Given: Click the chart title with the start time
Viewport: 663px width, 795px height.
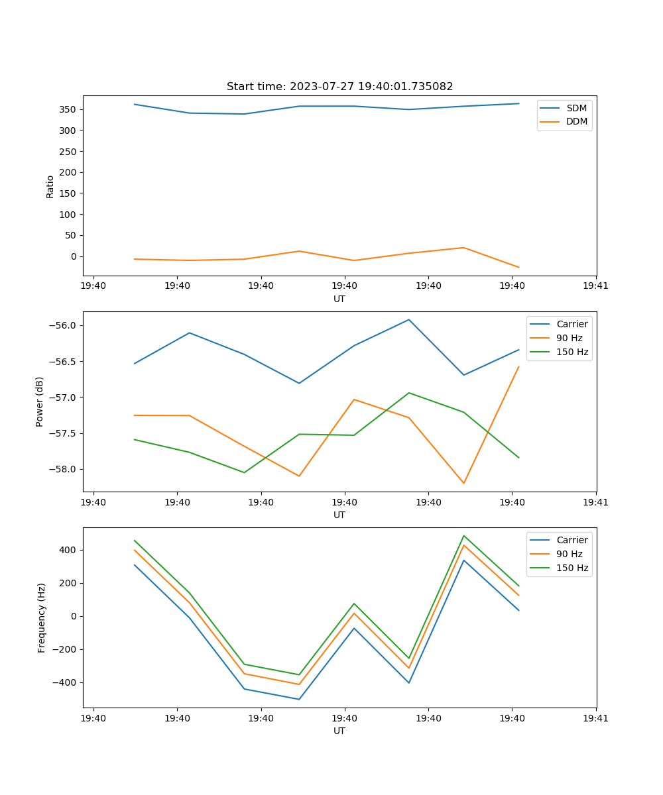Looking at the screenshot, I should [339, 87].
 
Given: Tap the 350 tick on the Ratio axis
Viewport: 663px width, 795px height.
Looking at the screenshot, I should [69, 109].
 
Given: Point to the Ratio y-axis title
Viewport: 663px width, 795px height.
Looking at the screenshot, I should [50, 186].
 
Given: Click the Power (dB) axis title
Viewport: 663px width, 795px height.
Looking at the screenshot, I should [40, 401].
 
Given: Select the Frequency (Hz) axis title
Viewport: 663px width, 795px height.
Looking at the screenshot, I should [41, 617].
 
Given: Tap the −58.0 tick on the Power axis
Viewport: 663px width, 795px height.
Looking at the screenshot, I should [64, 469].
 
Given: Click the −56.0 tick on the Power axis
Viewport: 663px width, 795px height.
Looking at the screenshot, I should [64, 325].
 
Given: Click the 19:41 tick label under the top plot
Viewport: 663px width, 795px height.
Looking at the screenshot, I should [596, 286].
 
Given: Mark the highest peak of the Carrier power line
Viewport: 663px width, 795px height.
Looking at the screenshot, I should [409, 319].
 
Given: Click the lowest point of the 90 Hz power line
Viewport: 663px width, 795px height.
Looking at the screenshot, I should [463, 483].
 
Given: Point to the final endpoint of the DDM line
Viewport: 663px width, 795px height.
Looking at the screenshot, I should [518, 268].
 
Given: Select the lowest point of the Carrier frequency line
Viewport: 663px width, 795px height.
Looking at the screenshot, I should [299, 699].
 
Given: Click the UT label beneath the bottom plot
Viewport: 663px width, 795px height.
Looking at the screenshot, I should [339, 731].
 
